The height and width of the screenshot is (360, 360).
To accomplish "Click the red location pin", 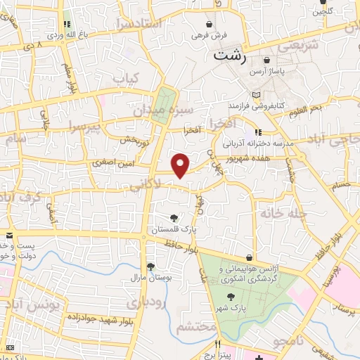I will coord(181,164).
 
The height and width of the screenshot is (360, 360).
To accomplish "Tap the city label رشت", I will coord(229,54).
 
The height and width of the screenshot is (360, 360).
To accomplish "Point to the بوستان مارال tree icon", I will coord(150,266).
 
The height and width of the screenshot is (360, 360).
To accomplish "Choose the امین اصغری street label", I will coord(110,162).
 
